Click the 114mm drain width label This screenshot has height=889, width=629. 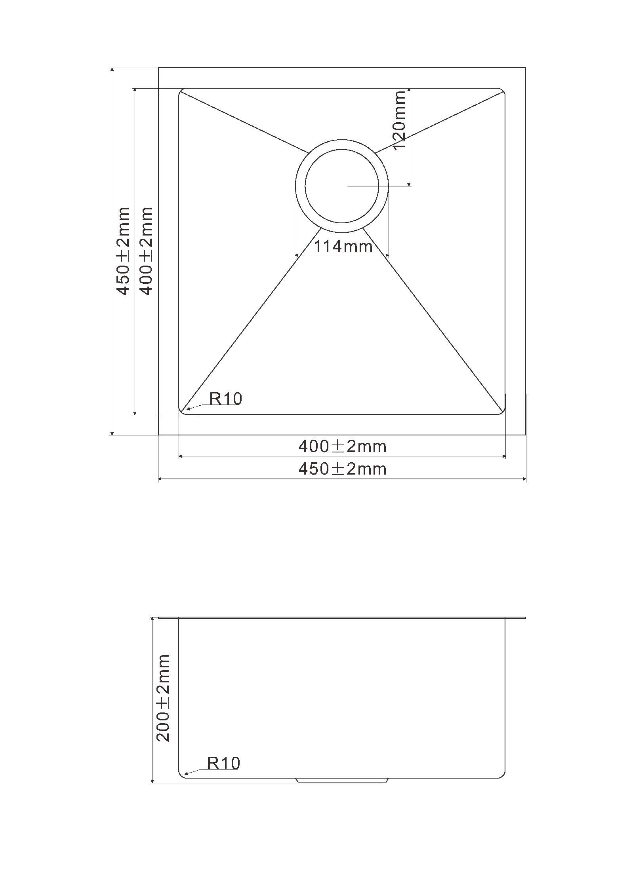tap(343, 247)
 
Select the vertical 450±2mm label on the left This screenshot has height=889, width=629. tap(123, 251)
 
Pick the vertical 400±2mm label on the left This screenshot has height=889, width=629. tap(146, 251)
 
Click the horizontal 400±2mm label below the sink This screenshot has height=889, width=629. tap(343, 446)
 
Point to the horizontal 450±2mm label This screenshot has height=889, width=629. tap(343, 469)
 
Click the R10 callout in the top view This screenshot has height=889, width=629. tap(225, 399)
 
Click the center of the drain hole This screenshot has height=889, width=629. tap(342, 186)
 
